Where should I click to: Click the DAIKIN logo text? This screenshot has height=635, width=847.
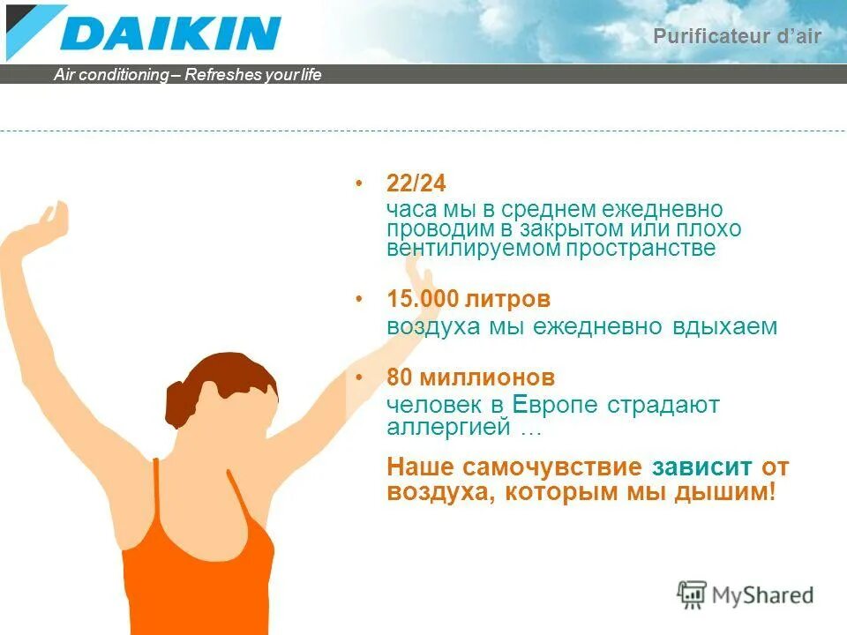coord(171,34)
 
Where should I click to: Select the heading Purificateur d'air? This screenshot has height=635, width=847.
coord(737,36)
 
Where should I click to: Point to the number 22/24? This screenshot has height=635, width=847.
coord(416,184)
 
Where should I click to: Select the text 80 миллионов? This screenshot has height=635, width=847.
coord(471,378)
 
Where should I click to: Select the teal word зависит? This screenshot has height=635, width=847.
coord(702,467)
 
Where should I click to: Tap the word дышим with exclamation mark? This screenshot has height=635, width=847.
coord(730,492)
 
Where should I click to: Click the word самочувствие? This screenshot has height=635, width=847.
coord(555,467)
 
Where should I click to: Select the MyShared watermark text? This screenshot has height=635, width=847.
coord(763,595)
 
